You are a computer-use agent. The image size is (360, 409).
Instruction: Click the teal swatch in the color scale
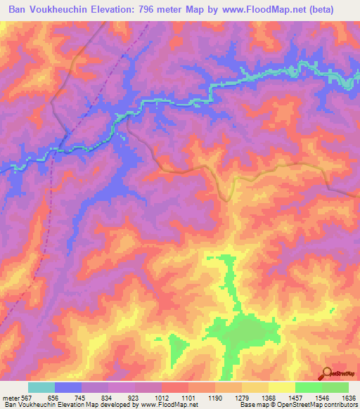click(x=41, y=387)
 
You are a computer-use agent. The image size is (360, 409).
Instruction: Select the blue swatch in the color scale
click(x=68, y=387)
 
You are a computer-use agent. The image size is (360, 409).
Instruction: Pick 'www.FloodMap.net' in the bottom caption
click(x=169, y=405)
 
